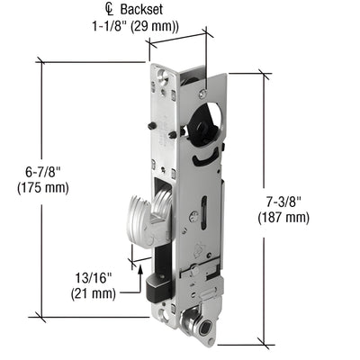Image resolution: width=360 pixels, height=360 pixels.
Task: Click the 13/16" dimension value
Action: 93,277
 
